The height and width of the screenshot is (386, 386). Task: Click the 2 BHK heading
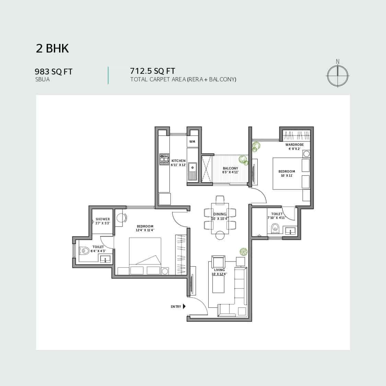tap(52, 48)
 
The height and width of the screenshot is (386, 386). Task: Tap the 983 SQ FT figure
tap(54, 72)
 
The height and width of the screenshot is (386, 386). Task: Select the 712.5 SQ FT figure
tap(152, 71)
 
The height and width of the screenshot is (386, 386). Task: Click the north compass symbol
tap(338, 74)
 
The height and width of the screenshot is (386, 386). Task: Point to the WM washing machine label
tap(192, 142)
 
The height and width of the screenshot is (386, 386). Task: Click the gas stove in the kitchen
tap(164, 159)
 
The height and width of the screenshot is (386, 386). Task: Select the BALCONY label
tap(231, 168)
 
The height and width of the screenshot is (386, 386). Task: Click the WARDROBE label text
tap(294, 144)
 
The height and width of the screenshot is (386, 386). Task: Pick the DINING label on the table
tap(220, 214)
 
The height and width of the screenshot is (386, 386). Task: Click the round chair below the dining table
tap(220, 235)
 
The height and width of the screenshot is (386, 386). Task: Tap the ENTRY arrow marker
tap(184, 306)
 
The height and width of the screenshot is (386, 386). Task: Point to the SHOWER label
tap(103, 219)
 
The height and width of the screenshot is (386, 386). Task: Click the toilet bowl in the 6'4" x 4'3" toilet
tap(84, 250)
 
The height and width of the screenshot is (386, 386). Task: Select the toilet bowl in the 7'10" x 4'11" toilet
tap(275, 228)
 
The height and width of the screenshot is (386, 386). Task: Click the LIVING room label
tap(219, 270)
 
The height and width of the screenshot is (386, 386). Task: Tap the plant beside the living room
tap(244, 252)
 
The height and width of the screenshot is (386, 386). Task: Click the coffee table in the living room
tap(218, 284)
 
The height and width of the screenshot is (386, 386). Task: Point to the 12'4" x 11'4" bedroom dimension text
tap(145, 230)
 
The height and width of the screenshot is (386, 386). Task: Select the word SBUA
tap(42, 80)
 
